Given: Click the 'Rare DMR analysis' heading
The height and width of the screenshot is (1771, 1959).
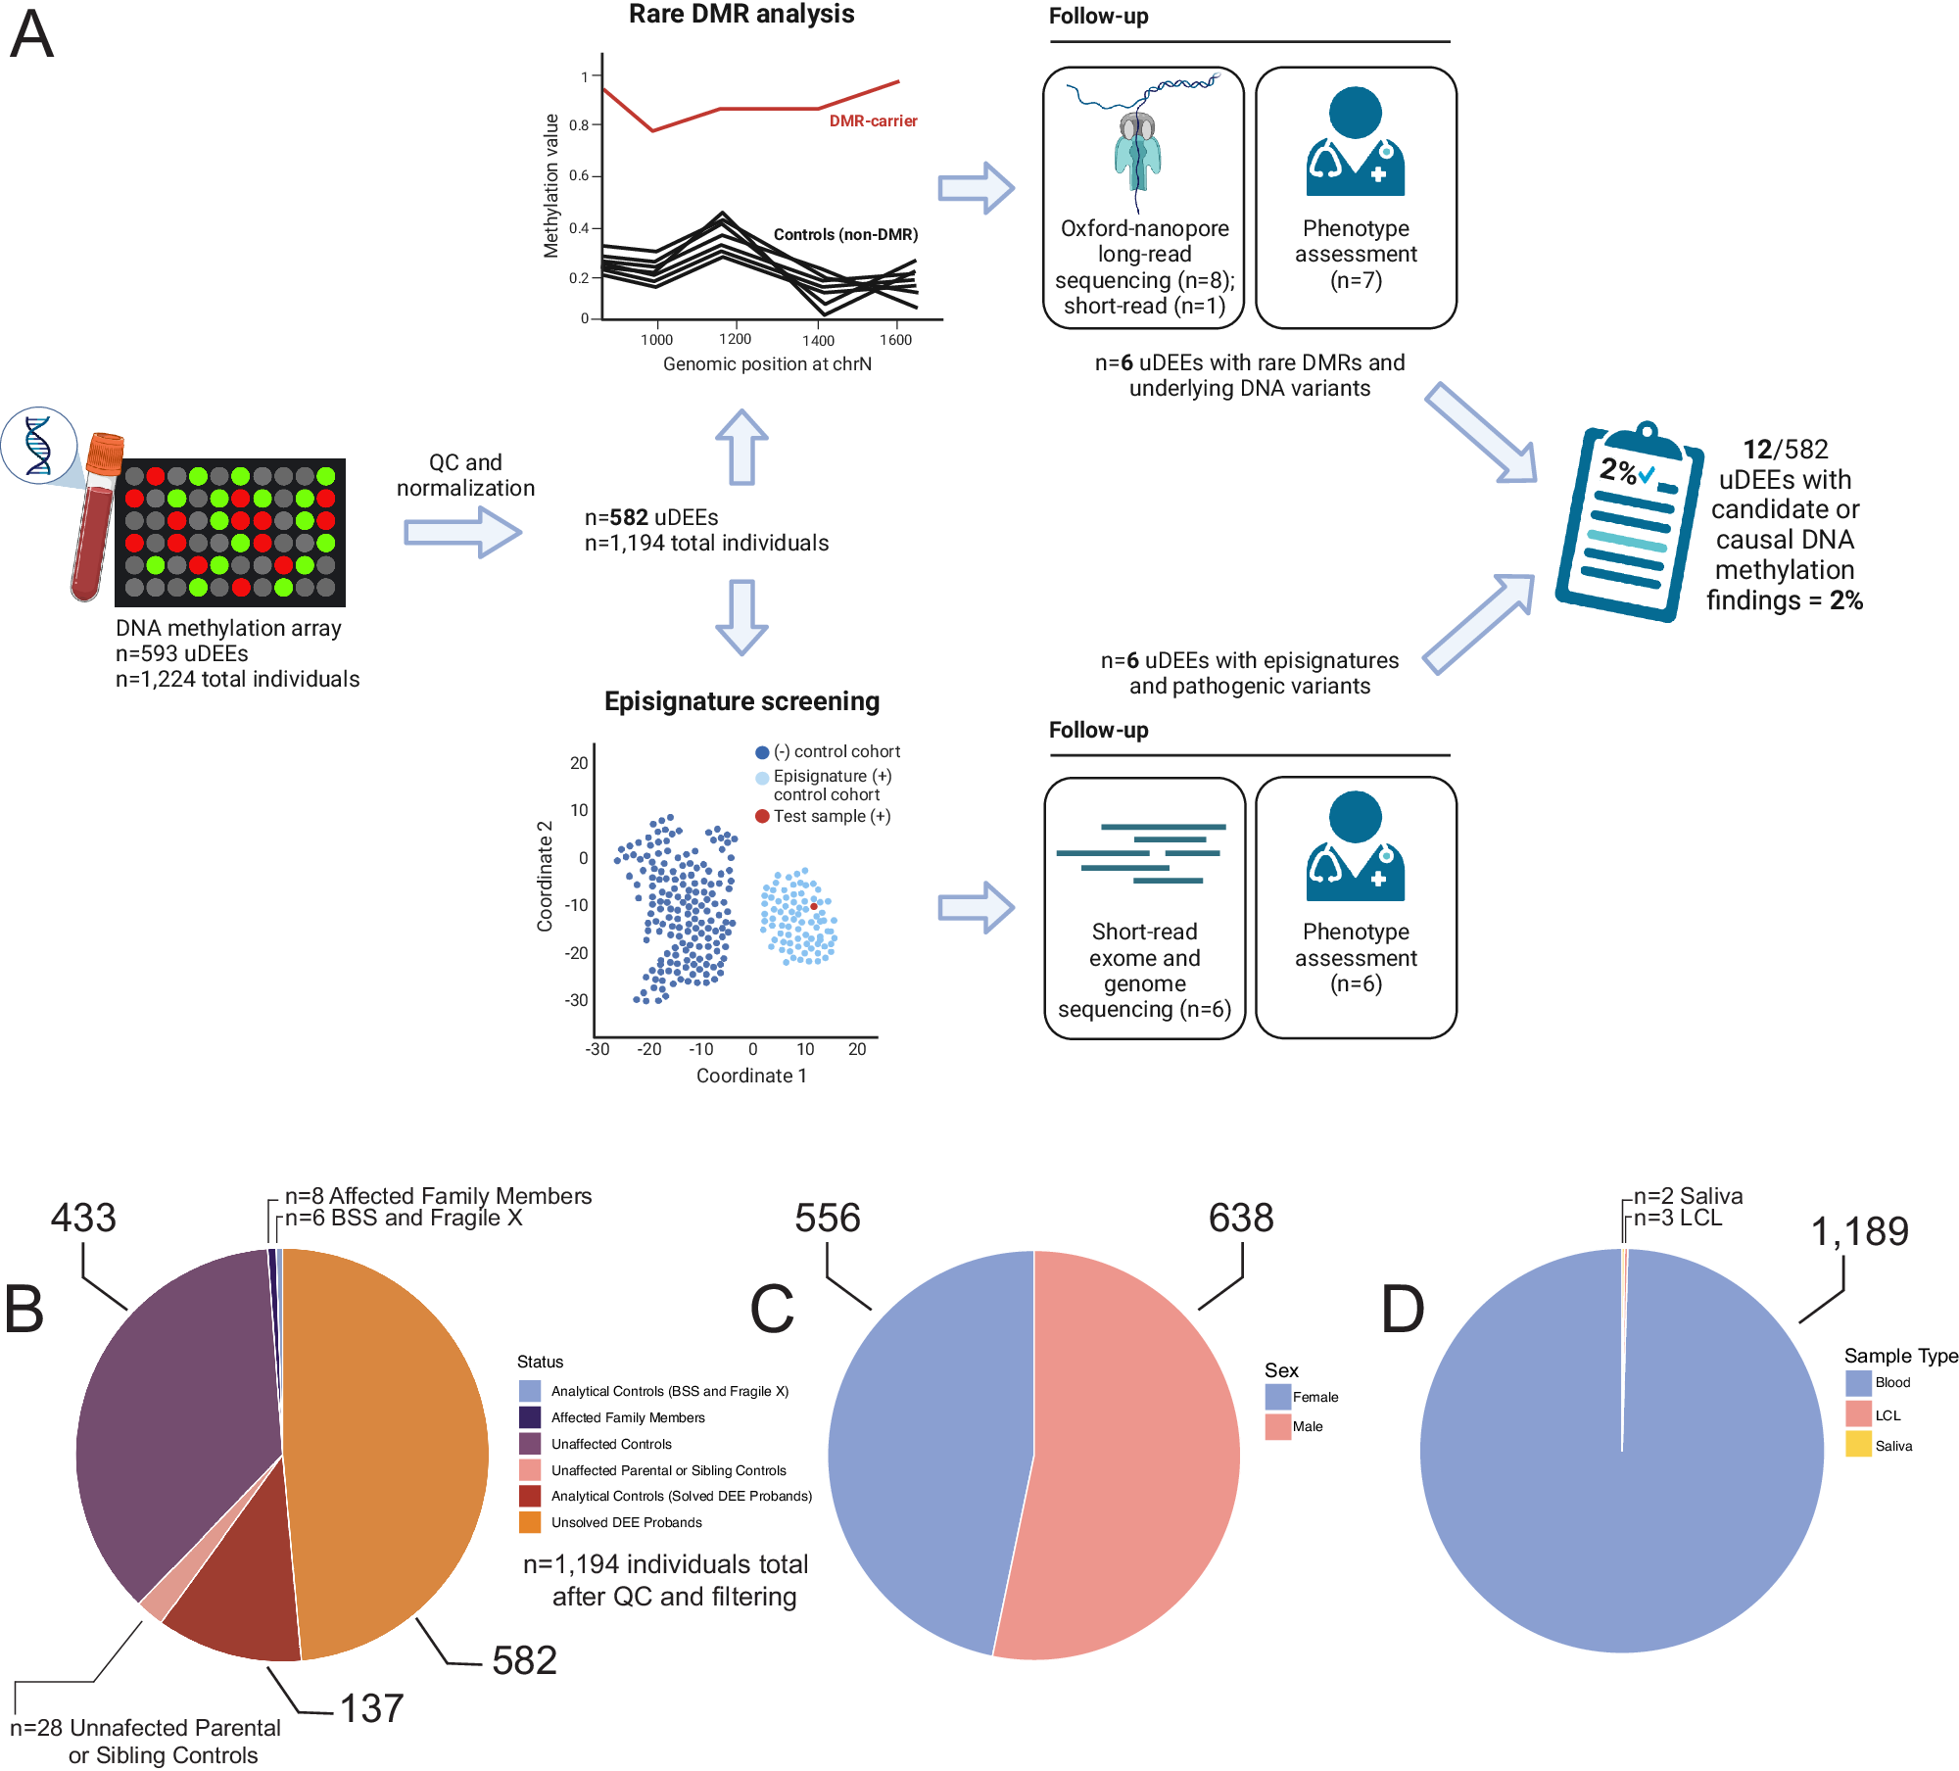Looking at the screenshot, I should pos(741,15).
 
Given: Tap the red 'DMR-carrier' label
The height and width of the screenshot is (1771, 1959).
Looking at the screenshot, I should pos(873,120).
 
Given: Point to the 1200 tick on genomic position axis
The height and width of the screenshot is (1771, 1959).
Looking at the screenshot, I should pos(735,339).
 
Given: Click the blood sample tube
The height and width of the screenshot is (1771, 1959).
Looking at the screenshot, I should pos(96,519).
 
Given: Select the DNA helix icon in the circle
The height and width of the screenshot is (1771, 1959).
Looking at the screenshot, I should pos(39,446).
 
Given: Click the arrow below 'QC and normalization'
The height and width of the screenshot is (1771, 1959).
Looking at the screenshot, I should pos(463,534).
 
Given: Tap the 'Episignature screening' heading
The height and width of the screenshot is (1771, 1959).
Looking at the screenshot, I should pos(741,701).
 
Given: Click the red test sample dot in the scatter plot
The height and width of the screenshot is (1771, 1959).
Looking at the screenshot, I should pos(813,907).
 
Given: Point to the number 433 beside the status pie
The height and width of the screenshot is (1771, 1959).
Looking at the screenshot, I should pos(83,1218).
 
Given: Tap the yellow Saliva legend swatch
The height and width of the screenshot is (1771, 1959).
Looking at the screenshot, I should pos(1858,1445).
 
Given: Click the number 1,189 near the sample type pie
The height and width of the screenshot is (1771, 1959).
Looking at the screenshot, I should pos(1859,1231).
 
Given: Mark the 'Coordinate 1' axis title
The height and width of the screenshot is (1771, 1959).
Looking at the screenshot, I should pos(751,1076).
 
